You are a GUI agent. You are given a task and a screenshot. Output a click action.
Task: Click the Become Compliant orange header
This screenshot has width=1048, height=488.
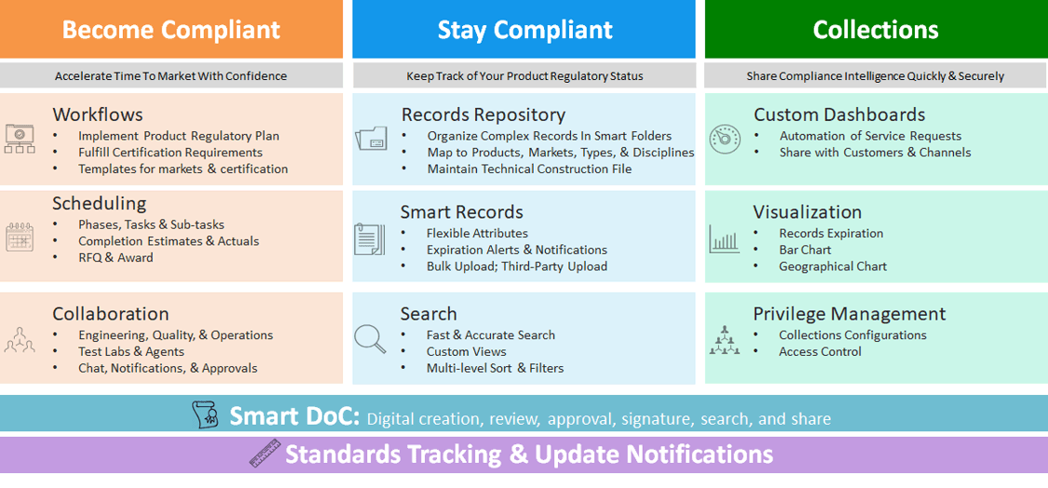pyautogui.click(x=171, y=30)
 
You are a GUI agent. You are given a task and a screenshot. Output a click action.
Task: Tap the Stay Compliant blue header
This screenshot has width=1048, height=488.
pyautogui.click(x=524, y=30)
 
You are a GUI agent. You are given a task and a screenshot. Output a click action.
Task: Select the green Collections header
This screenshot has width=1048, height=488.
pyautogui.click(x=877, y=30)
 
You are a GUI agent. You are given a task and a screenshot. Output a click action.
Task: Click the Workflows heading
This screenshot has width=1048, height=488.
pyautogui.click(x=98, y=115)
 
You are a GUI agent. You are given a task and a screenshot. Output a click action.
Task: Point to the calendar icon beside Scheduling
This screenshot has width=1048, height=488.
pyautogui.click(x=20, y=237)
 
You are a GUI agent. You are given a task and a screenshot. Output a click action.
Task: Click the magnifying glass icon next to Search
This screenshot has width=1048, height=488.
pyautogui.click(x=370, y=337)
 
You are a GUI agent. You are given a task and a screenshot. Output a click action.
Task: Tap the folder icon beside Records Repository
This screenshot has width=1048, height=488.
pyautogui.click(x=371, y=138)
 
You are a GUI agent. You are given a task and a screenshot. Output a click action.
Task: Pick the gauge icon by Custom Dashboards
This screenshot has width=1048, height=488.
pyautogui.click(x=725, y=139)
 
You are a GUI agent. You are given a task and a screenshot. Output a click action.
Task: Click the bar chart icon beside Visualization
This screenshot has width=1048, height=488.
pyautogui.click(x=724, y=238)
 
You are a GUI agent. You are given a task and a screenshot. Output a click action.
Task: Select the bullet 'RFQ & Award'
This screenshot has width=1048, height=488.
pyautogui.click(x=116, y=257)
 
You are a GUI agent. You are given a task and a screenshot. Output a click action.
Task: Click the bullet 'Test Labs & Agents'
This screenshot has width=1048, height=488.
pyautogui.click(x=131, y=352)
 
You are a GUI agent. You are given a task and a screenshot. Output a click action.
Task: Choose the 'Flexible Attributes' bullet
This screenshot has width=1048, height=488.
pyautogui.click(x=477, y=234)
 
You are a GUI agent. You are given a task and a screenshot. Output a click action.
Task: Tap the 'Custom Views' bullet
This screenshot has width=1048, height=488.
pyautogui.click(x=467, y=352)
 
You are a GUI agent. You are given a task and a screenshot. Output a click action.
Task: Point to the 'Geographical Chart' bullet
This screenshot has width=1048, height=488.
pyautogui.click(x=833, y=266)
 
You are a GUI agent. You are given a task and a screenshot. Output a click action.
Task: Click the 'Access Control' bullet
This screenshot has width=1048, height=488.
pyautogui.click(x=820, y=352)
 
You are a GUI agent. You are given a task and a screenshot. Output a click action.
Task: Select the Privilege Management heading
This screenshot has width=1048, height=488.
pyautogui.click(x=850, y=314)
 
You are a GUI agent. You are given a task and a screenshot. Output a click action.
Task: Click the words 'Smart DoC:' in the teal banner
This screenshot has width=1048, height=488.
pyautogui.click(x=294, y=416)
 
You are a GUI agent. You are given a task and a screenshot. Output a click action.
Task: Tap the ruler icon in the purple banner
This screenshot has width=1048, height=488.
pyautogui.click(x=265, y=454)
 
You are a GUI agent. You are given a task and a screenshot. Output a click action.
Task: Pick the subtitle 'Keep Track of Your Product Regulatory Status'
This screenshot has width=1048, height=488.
pyautogui.click(x=524, y=76)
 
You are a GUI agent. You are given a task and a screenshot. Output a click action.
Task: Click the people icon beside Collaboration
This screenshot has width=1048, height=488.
pyautogui.click(x=20, y=340)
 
